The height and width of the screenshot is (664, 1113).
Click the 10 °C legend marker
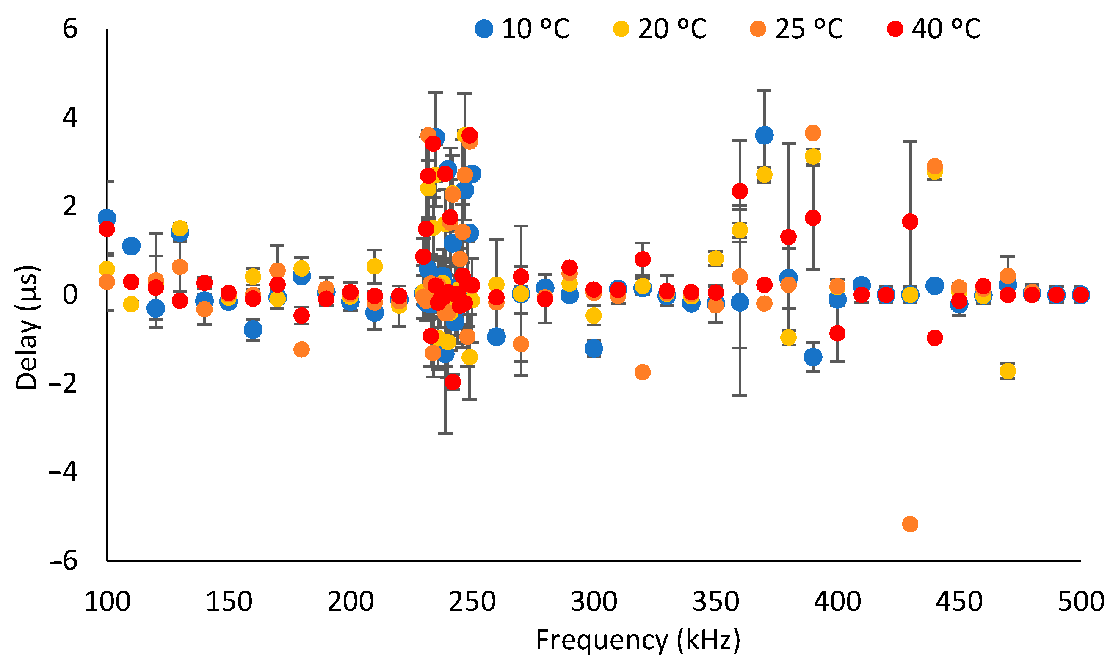(484, 29)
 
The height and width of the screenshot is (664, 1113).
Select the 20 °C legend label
(672, 29)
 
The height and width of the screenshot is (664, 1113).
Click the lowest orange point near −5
(910, 523)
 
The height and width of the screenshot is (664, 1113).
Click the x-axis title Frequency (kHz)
(638, 639)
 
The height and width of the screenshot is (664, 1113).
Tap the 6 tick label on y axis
(70, 29)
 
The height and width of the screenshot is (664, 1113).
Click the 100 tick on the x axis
(108, 602)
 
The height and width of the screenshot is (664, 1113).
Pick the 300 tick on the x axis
(594, 602)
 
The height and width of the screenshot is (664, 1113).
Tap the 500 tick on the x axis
(1080, 602)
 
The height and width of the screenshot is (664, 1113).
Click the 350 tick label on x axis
(716, 602)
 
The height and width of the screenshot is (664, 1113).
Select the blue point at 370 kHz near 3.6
(765, 135)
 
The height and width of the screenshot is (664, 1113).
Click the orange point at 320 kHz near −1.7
(642, 372)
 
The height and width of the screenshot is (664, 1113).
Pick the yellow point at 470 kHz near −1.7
(1008, 371)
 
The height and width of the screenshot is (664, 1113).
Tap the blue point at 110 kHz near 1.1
(131, 246)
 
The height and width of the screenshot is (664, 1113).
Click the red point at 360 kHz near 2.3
(740, 191)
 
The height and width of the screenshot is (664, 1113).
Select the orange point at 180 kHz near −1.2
(301, 349)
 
